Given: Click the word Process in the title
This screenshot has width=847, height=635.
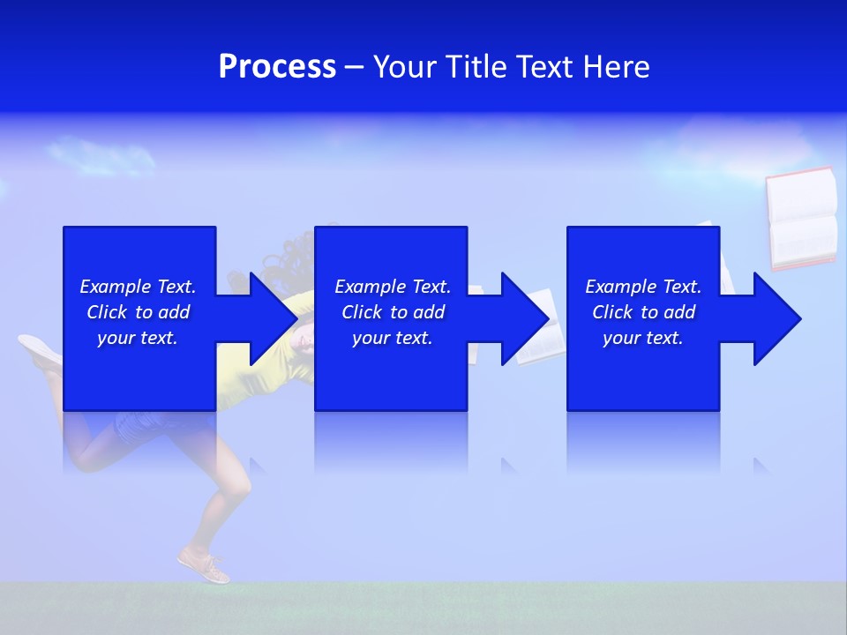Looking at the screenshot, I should (x=277, y=67).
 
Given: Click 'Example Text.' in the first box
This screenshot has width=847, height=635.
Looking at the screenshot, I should (x=138, y=287).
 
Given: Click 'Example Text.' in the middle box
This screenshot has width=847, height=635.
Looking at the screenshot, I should (x=393, y=287).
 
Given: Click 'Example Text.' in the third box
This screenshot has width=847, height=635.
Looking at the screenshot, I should (x=643, y=287).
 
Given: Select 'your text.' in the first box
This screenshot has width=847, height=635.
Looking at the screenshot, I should (x=138, y=338).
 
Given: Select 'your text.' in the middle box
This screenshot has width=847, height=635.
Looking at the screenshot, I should (x=393, y=338).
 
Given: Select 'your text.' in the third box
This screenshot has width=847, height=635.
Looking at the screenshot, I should (x=643, y=338).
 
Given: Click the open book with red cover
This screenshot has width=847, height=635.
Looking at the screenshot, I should (x=801, y=217).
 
